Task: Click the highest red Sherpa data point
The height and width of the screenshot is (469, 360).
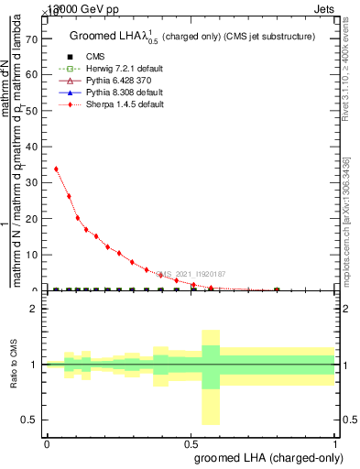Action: (57, 169)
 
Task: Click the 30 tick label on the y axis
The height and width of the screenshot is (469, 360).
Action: (34, 183)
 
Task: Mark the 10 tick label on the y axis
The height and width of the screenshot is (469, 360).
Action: (34, 255)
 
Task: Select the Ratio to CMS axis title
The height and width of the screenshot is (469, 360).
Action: (14, 365)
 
